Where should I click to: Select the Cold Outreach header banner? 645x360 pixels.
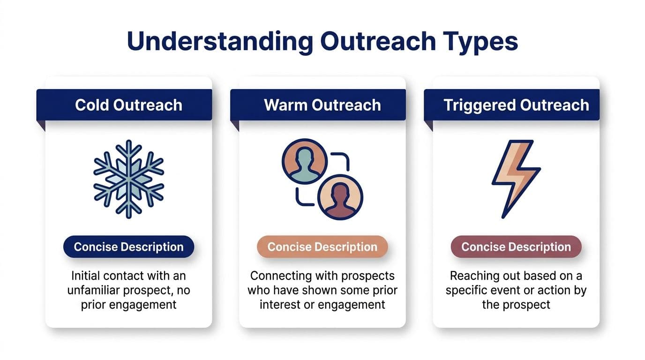[x=128, y=105]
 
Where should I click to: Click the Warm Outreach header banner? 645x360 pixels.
[x=322, y=105]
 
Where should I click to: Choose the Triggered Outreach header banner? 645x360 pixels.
[x=516, y=105]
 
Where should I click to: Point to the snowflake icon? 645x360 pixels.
[x=128, y=180]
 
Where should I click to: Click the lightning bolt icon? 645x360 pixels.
[x=515, y=179]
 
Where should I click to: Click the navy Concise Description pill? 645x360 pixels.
[x=128, y=247]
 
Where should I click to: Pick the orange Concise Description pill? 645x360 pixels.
[x=322, y=247]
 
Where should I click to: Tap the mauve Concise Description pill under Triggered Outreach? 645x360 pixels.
[x=516, y=247]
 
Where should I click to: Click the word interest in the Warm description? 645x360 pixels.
[x=267, y=305]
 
